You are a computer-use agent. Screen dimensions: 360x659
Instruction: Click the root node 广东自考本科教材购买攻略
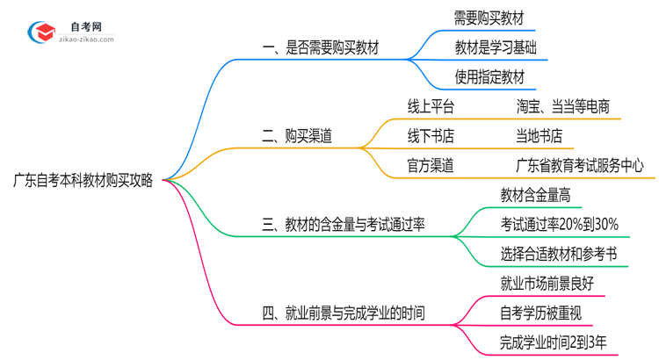coord(83,181)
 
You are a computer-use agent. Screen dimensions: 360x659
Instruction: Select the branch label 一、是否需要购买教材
coord(321,48)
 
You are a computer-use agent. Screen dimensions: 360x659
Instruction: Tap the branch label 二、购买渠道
coord(302,136)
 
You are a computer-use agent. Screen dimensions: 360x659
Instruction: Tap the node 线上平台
coord(431,106)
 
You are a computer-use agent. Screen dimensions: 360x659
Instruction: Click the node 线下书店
coord(431,135)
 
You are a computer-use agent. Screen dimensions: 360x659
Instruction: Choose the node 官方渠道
coord(431,164)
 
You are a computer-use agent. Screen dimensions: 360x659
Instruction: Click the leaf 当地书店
coord(539,135)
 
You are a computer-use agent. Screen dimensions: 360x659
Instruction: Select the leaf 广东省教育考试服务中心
coord(580,164)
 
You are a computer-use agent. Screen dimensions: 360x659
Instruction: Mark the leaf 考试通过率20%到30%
coord(559,224)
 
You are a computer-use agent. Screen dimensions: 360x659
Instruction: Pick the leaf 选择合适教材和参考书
coord(558,254)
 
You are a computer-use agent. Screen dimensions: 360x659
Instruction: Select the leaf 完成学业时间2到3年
coord(552,342)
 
